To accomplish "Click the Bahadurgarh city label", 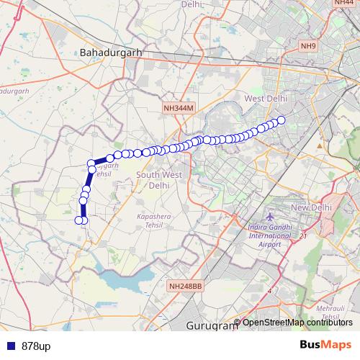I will coord(112,53).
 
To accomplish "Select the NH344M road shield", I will coord(179,108).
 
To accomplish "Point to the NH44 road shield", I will coord(343,3).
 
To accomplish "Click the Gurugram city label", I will coord(211,325).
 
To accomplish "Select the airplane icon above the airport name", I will coord(269,217).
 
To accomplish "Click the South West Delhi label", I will coord(158,180).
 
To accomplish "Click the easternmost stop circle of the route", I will coord(282,120).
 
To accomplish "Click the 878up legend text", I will coord(35,346).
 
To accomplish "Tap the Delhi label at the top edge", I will coord(191,4).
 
